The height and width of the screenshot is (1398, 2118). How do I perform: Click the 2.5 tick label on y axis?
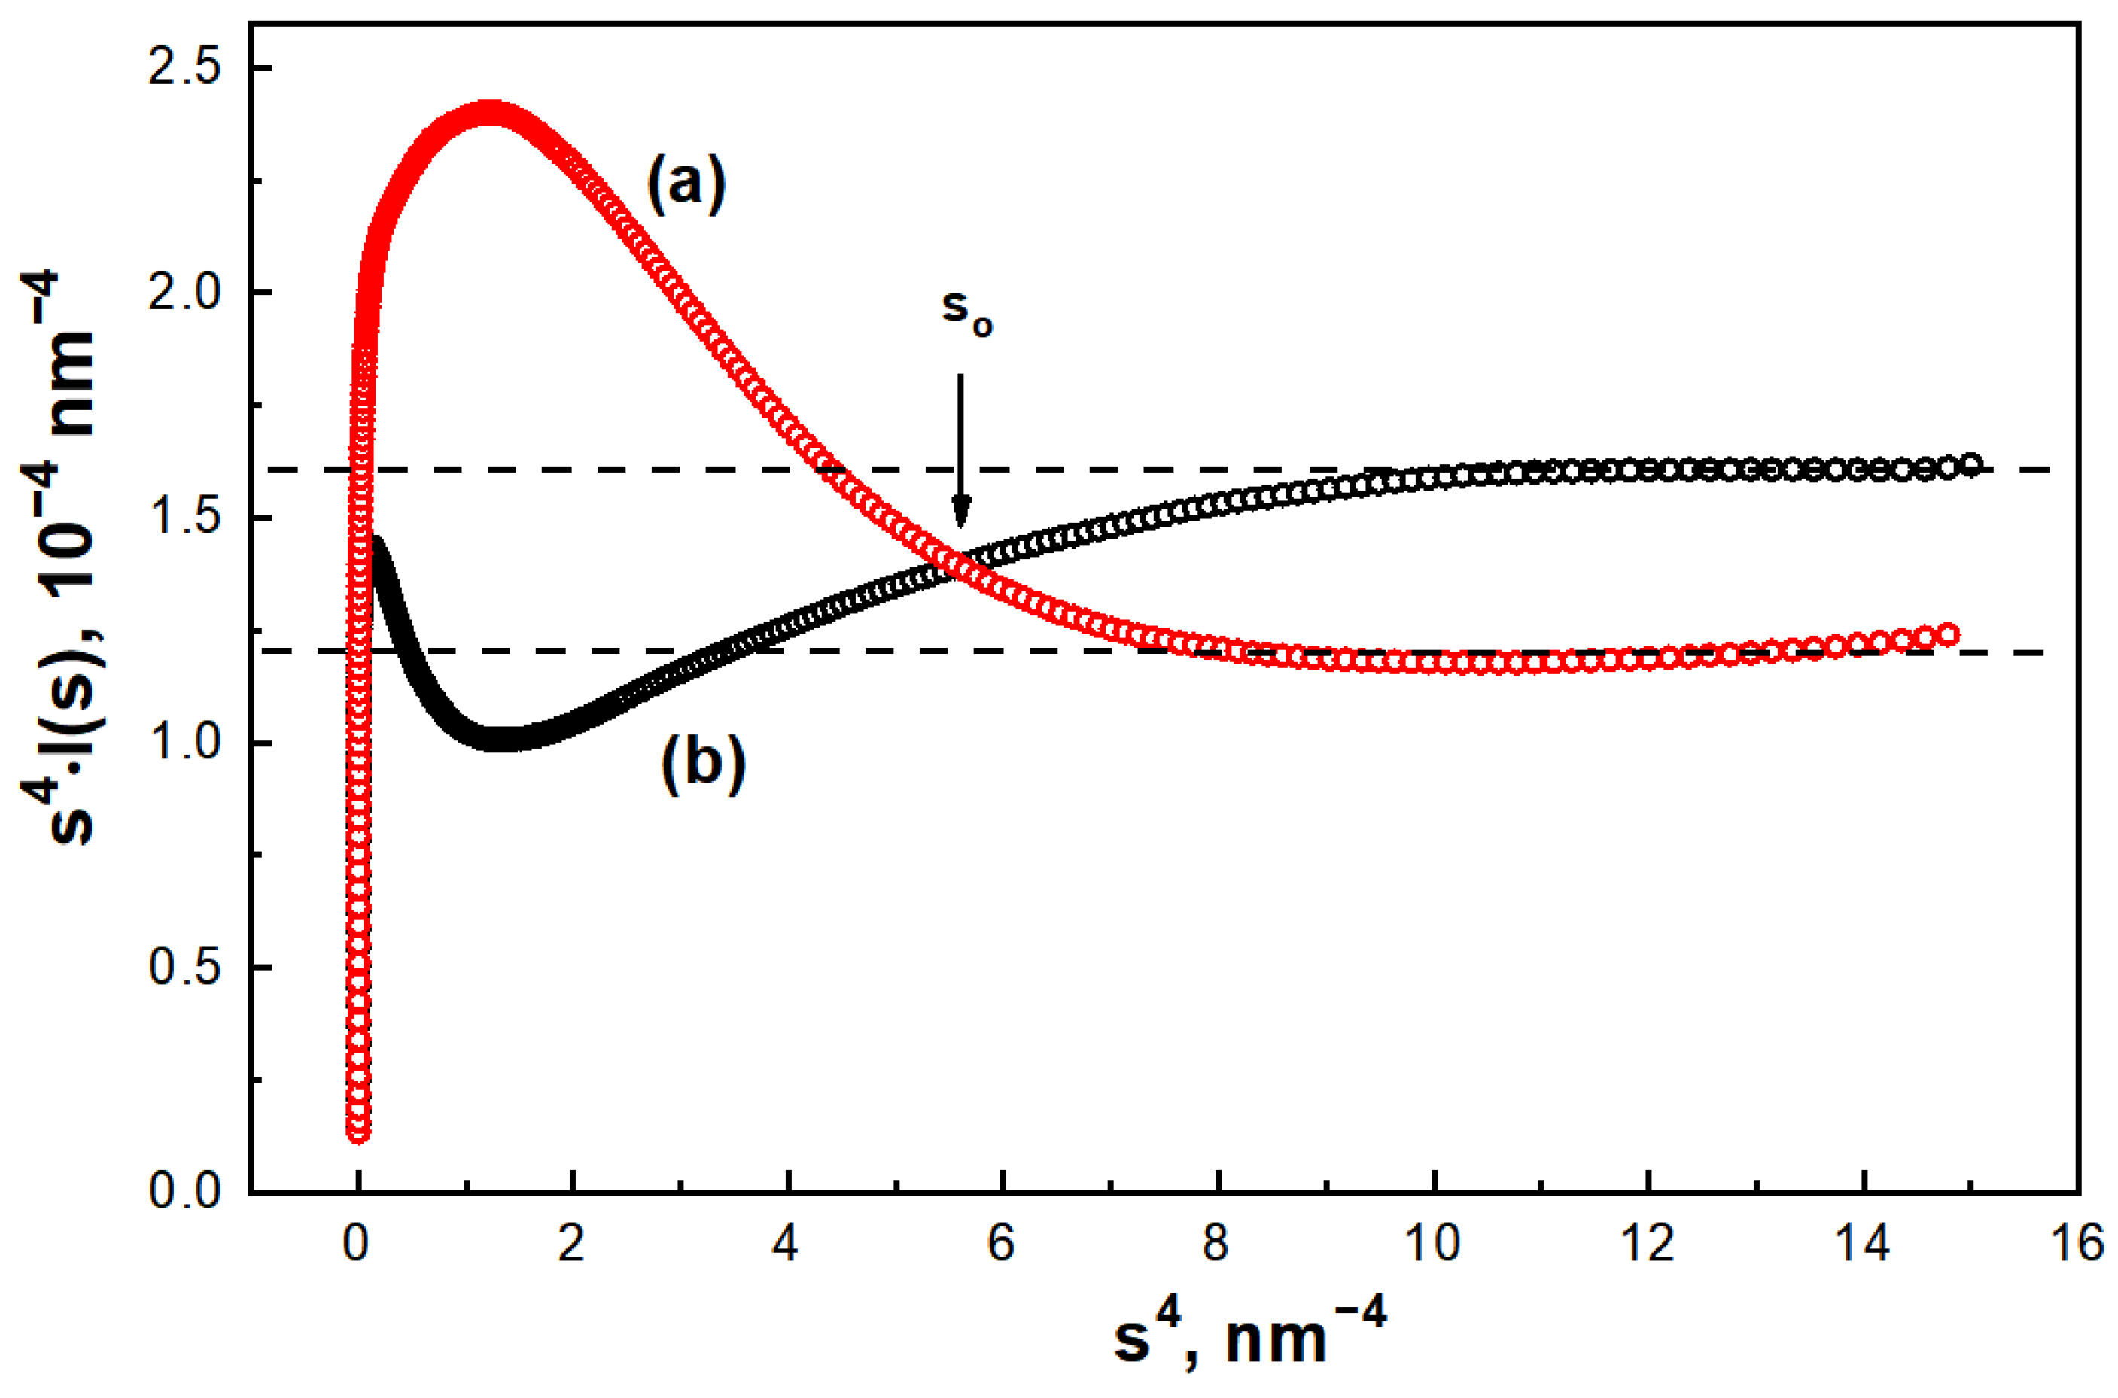point(184,68)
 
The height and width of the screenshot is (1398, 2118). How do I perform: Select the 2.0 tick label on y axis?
point(184,293)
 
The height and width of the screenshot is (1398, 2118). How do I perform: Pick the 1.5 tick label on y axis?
point(184,517)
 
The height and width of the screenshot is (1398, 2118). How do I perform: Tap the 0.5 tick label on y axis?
point(184,968)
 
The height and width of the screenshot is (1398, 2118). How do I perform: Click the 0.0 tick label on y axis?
point(184,1191)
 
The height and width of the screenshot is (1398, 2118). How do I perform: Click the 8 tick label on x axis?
point(1217,1242)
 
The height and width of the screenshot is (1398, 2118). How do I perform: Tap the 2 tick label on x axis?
point(571,1242)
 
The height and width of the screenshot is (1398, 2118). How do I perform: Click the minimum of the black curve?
point(500,739)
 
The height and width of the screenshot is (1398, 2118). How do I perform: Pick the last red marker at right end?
point(1949,634)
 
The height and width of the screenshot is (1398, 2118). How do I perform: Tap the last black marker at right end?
point(1973,464)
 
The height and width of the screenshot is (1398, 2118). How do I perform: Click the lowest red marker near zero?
point(358,1133)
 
